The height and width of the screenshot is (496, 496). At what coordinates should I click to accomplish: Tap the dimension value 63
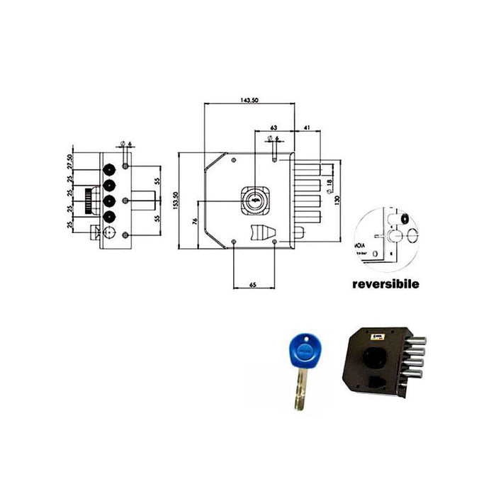(273, 128)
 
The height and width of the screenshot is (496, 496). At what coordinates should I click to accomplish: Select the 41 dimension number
(307, 128)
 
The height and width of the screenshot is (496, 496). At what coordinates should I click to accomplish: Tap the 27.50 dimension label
(70, 162)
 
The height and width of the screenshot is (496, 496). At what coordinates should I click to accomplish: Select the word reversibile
(386, 284)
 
